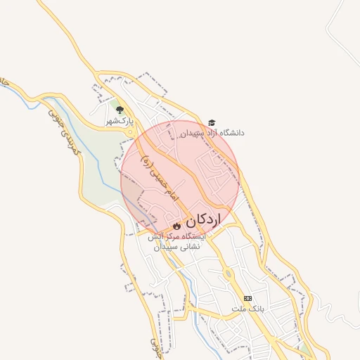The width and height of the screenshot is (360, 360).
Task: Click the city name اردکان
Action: coord(203,220)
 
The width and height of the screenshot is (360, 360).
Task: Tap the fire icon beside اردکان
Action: coord(176,224)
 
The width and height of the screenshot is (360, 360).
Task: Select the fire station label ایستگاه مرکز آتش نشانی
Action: coord(176,242)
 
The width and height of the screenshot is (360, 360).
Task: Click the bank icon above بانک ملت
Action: coord(247,298)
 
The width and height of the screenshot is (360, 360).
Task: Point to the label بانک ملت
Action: coord(247,309)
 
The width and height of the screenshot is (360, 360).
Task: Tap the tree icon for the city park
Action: coord(120,110)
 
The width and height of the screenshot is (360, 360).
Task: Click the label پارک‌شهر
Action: coord(120,121)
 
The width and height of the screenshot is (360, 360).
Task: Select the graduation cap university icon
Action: coord(212,122)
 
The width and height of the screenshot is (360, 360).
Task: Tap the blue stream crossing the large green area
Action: coord(105,176)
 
